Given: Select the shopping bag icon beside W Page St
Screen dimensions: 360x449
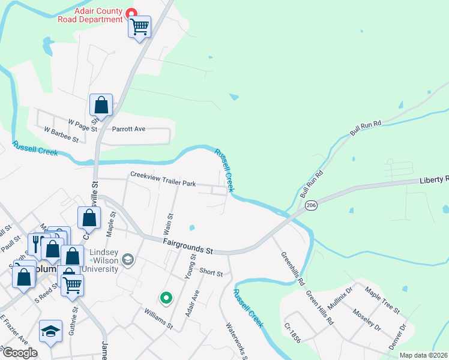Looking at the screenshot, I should pos(101,105).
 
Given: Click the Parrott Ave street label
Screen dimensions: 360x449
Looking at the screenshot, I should pos(130,129).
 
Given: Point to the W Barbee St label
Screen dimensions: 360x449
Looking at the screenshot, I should pos(62,134).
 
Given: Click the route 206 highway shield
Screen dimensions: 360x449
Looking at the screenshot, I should pos(310,205).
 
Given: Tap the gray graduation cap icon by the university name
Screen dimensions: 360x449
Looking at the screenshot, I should pos(127,260).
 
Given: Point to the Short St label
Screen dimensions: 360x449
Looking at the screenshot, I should pos(211,273).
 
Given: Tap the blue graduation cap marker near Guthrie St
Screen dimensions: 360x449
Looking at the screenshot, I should pos(50,331).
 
